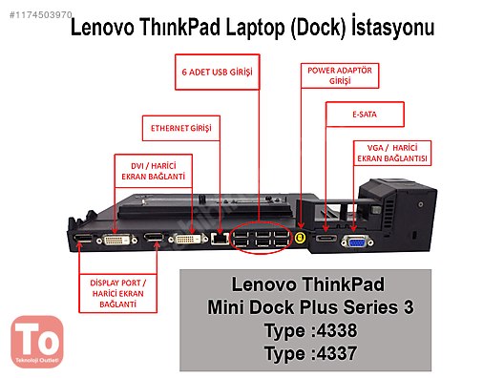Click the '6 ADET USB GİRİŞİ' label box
coord(219,71)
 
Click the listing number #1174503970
coord(35,13)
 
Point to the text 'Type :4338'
coord(305,330)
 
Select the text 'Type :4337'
coord(305,353)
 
